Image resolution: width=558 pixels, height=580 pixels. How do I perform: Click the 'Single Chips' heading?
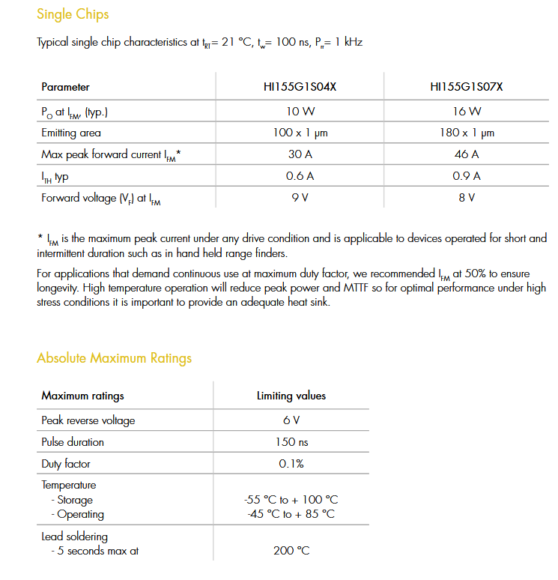pos(73,14)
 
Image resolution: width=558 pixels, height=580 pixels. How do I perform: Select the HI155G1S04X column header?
pos(300,87)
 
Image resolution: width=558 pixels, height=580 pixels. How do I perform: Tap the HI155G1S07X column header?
pos(466,87)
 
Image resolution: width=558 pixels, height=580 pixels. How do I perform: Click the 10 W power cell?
pos(300,111)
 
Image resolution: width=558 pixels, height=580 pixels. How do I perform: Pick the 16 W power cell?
pos(466,111)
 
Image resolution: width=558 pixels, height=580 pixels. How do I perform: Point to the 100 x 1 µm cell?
pos(300,133)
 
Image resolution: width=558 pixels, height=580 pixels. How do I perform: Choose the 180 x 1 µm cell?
pos(466,133)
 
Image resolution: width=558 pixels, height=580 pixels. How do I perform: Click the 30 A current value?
pos(300,154)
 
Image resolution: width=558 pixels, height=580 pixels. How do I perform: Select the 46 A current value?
pos(466,154)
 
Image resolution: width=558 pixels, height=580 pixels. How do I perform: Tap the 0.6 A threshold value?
pos(300,176)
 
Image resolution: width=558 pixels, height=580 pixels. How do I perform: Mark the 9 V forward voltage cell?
pos(300,198)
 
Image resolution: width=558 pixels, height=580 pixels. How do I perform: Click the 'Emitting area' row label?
pos(71,133)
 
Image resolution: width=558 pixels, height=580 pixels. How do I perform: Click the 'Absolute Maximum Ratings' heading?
pos(114,358)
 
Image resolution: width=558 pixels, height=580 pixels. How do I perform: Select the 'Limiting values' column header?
pos(291,396)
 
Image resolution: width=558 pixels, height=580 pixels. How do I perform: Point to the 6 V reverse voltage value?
pos(291,420)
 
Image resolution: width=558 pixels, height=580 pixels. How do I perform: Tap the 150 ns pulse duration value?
pos(291,442)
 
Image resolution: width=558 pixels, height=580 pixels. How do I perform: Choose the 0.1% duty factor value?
pos(291,464)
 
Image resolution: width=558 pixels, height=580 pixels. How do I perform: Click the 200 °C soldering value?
pos(291,551)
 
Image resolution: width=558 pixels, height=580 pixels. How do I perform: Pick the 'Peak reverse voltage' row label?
pos(88,420)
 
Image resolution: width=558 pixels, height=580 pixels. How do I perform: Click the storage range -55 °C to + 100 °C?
pos(291,500)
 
